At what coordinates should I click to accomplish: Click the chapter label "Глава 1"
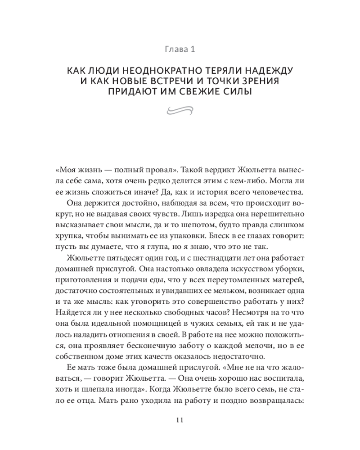click(180, 49)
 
